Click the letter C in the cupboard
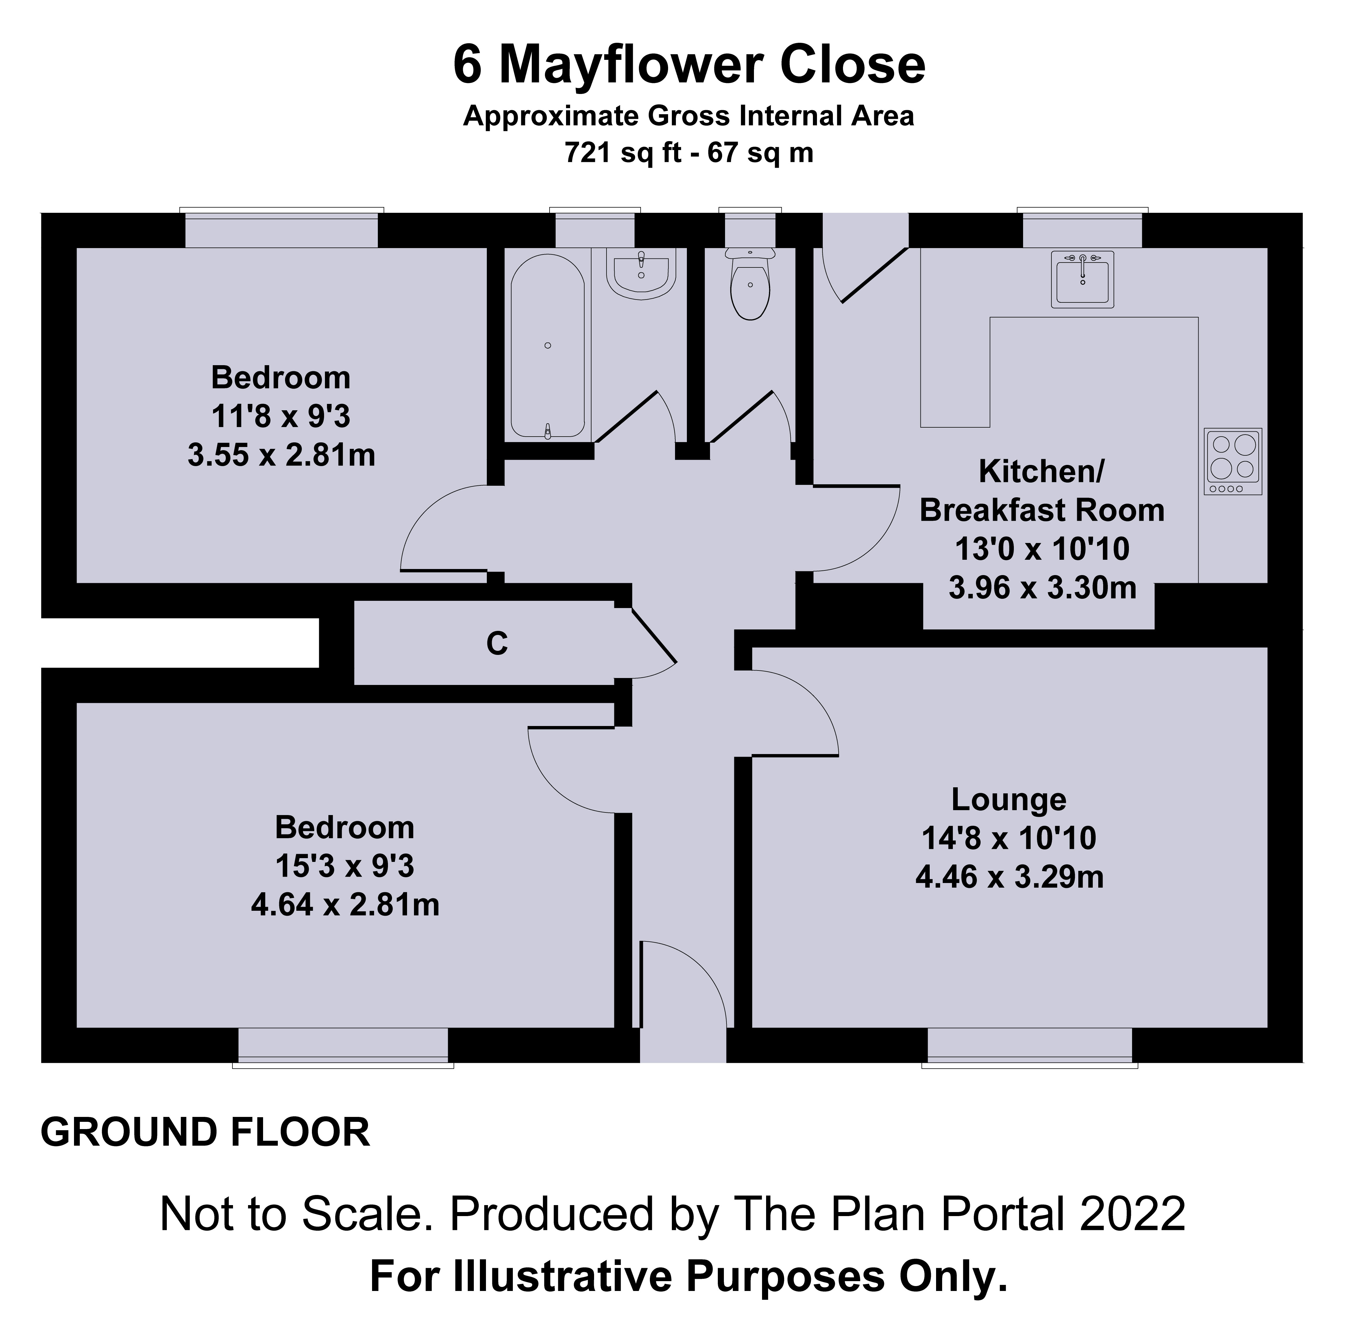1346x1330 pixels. tap(497, 644)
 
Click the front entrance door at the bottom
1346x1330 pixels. tap(683, 989)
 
